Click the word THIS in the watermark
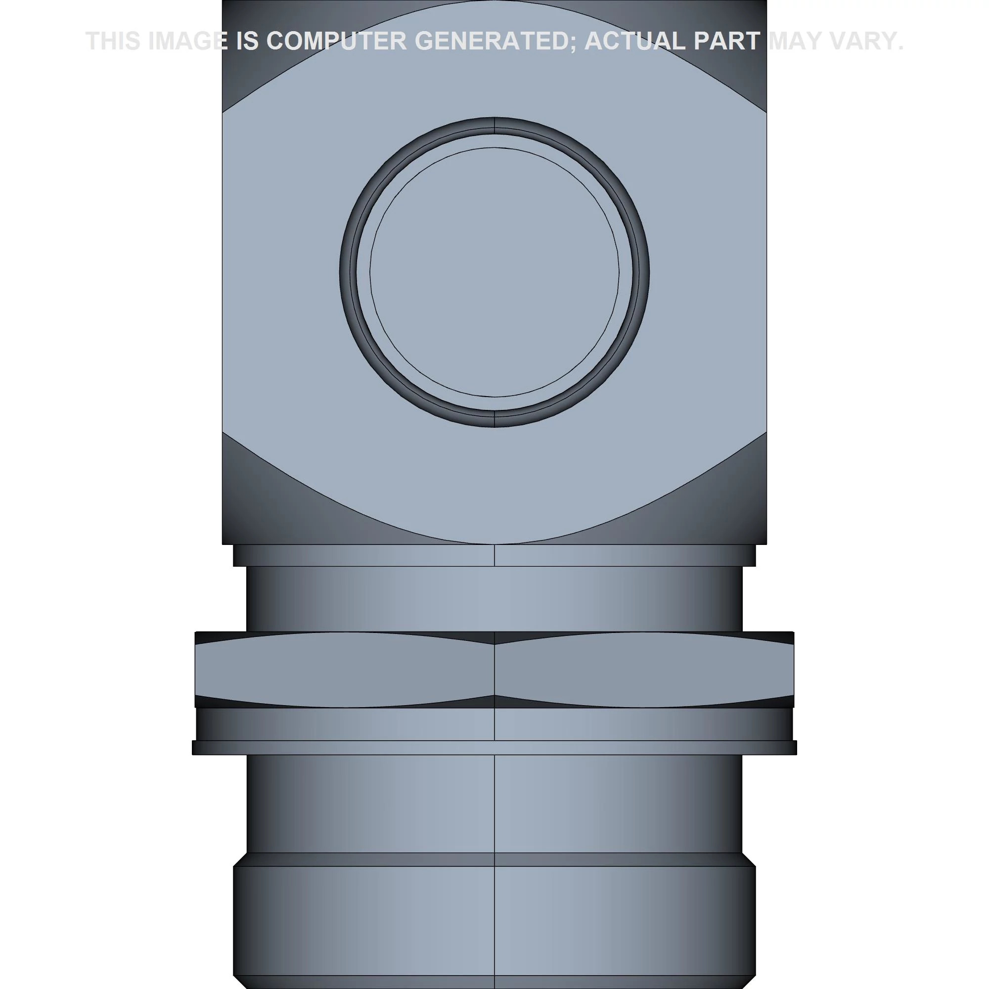pyautogui.click(x=113, y=41)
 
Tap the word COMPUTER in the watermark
pyautogui.click(x=336, y=41)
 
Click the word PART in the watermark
pyautogui.click(x=726, y=41)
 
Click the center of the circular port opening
pyautogui.click(x=494, y=272)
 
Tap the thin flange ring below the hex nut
pyautogui.click(x=494, y=747)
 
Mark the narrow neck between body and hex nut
pyautogui.click(x=494, y=598)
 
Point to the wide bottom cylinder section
pyautogui.click(x=494, y=921)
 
